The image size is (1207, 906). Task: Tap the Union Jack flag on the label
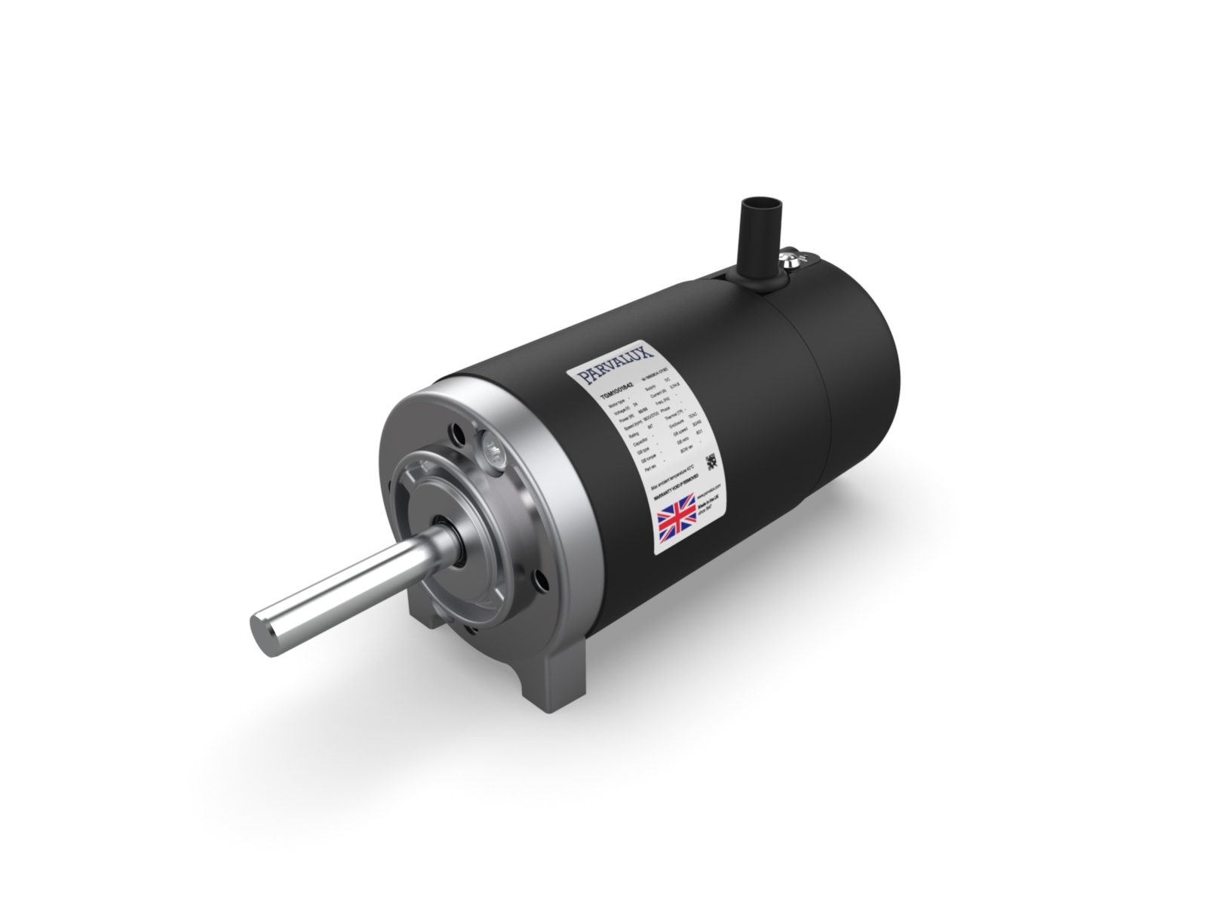point(677,520)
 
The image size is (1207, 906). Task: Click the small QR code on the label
point(710,461)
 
